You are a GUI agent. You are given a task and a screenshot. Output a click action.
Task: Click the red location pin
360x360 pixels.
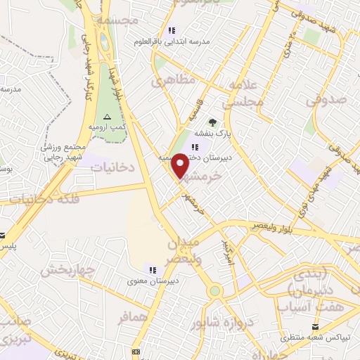click(x=181, y=166)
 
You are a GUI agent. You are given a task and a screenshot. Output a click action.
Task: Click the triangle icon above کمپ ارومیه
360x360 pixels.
click(x=107, y=117)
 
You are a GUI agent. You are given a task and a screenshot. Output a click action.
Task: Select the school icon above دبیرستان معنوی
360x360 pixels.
click(x=151, y=269)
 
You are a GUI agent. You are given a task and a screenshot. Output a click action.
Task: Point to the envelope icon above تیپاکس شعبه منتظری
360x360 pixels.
click(x=315, y=326)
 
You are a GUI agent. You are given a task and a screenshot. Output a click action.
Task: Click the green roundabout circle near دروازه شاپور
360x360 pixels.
click(x=214, y=290)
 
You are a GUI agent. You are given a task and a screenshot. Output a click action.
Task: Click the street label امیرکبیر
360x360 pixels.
click(x=226, y=250)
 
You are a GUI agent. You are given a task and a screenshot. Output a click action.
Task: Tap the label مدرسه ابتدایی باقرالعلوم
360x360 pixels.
click(x=174, y=42)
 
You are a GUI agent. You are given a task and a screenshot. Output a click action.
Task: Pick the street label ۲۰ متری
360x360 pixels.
click(x=286, y=47)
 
